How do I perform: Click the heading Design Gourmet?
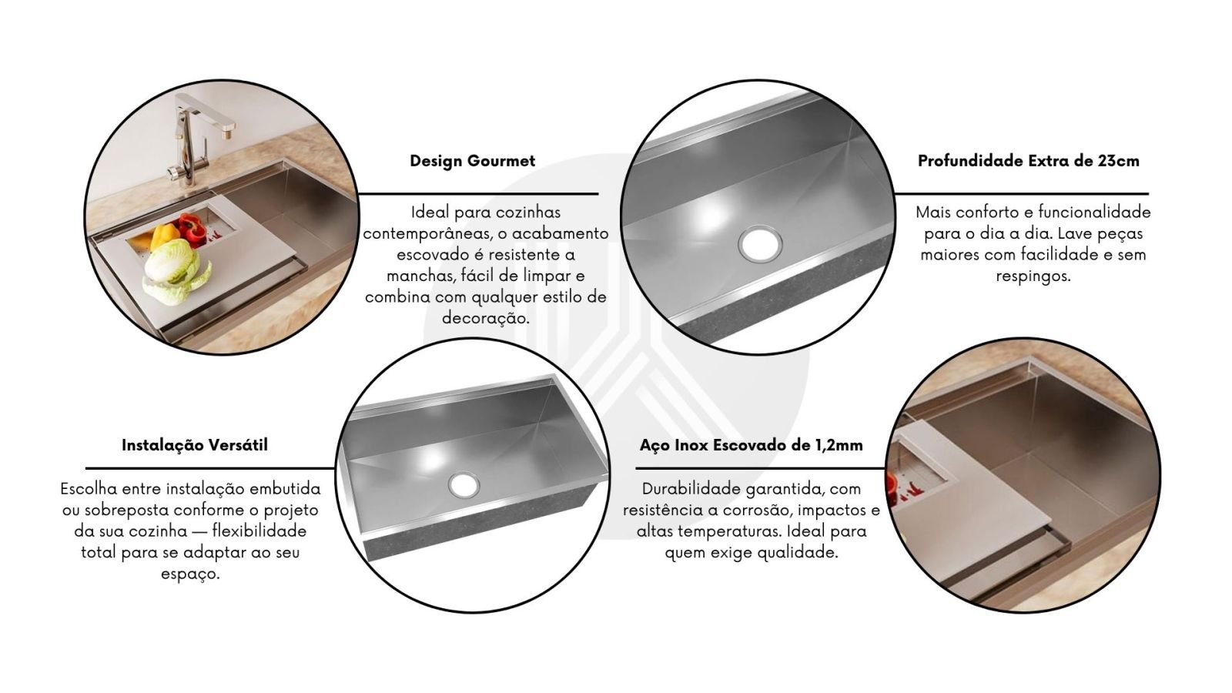click(473, 161)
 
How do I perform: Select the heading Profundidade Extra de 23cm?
click(1029, 161)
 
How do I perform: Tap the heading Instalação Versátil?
click(195, 445)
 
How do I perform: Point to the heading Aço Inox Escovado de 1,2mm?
click(752, 445)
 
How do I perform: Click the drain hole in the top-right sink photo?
click(761, 243)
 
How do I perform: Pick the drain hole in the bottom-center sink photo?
click(464, 484)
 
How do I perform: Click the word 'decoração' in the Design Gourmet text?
click(485, 318)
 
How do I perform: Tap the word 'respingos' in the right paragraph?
click(1033, 276)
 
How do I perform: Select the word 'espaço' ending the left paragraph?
click(189, 574)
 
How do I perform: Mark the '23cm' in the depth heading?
click(1119, 161)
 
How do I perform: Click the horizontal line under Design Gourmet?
click(478, 193)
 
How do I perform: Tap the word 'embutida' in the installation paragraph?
click(285, 488)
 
